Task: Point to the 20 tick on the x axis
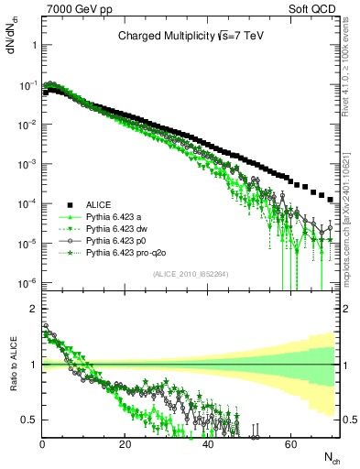click(x=125, y=443)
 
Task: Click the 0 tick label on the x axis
click(x=42, y=443)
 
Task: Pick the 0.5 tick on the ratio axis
click(x=30, y=420)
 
